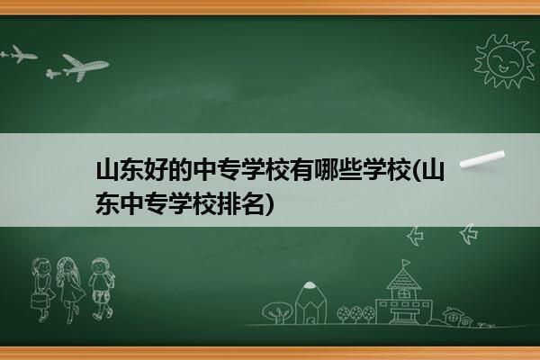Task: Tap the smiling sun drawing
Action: (x=505, y=61)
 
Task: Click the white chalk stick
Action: (x=482, y=159)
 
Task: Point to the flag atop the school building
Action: (x=407, y=263)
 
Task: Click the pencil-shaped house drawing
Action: (x=311, y=302)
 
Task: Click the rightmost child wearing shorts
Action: (x=102, y=289)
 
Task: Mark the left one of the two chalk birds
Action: (x=415, y=236)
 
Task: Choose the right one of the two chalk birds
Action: (x=468, y=234)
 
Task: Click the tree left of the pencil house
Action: (x=277, y=312)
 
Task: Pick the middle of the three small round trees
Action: (x=356, y=314)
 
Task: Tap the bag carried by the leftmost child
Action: (x=39, y=301)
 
